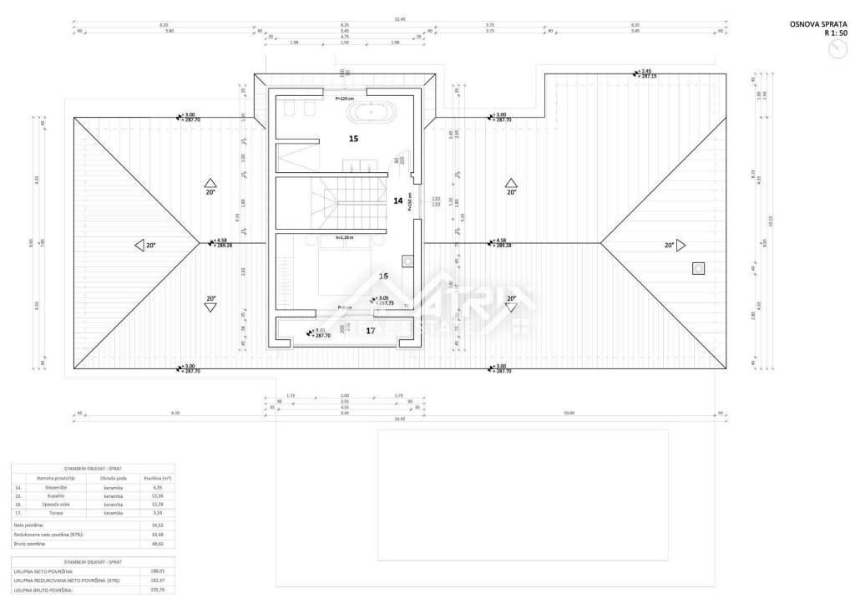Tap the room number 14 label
[397, 200]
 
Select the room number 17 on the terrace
[371, 331]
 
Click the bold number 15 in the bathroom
[353, 139]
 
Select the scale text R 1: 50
[835, 35]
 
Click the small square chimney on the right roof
[698, 268]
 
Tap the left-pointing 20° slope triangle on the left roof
[139, 246]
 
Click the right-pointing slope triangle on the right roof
[681, 246]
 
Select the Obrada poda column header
[114, 478]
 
